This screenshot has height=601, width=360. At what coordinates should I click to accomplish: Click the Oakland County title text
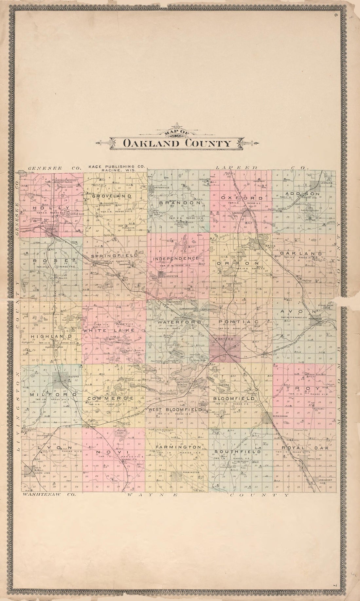tap(177, 143)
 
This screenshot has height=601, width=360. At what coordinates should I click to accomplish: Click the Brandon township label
tap(180, 203)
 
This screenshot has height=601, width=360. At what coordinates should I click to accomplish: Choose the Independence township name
tap(176, 258)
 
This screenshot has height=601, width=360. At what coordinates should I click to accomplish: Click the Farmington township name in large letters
tap(178, 447)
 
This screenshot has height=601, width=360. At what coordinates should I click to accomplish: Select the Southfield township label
tap(238, 452)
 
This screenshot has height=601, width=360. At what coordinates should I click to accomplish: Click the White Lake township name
tap(108, 331)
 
